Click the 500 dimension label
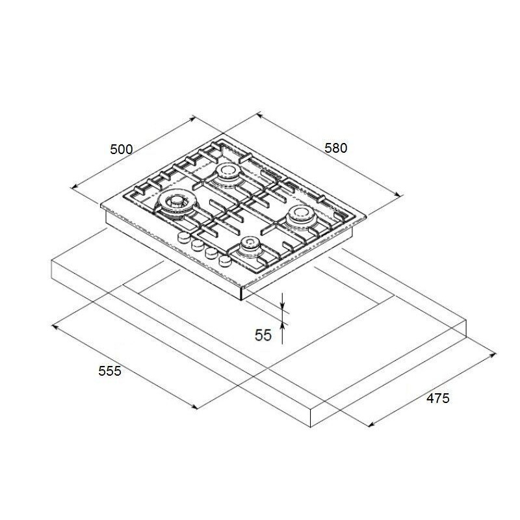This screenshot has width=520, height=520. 122,149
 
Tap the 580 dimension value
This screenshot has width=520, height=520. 335,148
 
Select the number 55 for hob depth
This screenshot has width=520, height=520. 263,335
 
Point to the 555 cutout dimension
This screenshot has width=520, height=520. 110,370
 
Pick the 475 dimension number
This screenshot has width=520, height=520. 437,398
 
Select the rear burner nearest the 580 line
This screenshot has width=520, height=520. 227,174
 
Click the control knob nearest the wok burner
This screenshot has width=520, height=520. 184,237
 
